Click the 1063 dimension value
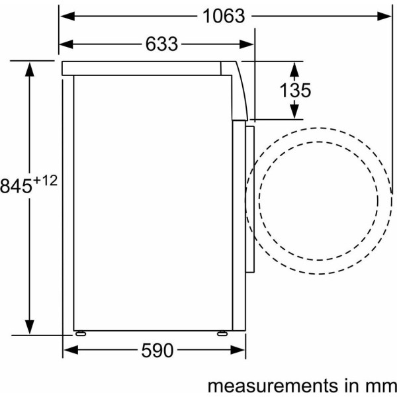tap(224, 16)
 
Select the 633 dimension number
tap(161, 44)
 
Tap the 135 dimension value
tap(295, 90)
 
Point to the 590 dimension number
tap(157, 351)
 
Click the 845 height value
tap(16, 185)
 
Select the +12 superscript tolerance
tap(45, 181)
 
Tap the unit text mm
tap(381, 386)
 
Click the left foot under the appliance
tap(81, 333)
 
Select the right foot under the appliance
tap(222, 333)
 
